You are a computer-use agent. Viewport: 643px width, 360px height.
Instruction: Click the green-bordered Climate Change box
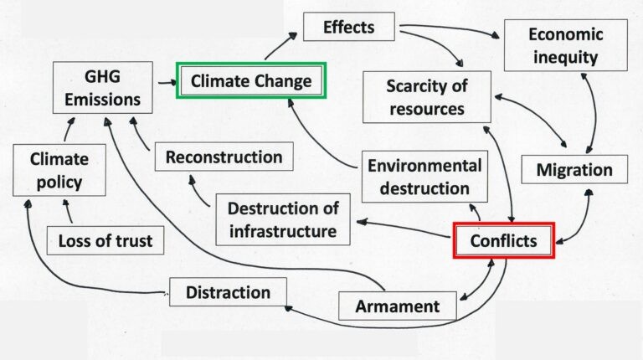251,80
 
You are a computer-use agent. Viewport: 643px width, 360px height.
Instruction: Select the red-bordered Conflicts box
504,240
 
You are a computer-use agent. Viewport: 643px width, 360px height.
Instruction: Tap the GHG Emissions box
102,88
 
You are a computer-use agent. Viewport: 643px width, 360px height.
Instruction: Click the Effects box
349,27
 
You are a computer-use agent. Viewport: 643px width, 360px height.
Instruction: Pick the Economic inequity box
565,45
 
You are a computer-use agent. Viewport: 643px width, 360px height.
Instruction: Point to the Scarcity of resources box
427,97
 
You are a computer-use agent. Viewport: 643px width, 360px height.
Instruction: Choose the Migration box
574,169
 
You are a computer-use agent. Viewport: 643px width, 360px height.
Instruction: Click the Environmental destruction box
424,177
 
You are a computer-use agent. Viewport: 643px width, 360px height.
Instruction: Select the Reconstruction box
224,157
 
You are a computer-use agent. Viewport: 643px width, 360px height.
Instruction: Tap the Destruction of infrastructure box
283,220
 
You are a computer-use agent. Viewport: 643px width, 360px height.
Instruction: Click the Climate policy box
59,170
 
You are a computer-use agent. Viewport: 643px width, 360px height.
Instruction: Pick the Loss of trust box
105,240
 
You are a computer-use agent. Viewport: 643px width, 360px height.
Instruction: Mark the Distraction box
228,292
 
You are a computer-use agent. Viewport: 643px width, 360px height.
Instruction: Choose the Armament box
398,306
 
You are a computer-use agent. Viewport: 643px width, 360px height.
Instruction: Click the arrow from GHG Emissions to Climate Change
167,83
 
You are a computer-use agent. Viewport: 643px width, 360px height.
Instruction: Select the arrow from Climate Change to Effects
281,46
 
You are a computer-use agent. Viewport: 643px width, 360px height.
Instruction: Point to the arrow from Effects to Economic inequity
450,28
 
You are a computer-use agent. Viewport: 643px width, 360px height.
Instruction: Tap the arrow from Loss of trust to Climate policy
68,211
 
